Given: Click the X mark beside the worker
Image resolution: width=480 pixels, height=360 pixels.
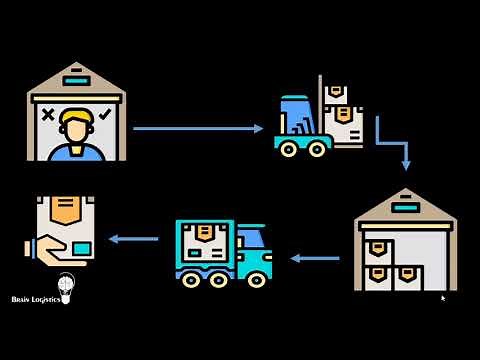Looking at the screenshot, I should click(x=46, y=115).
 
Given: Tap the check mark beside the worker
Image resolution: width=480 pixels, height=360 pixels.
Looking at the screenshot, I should click(x=106, y=115).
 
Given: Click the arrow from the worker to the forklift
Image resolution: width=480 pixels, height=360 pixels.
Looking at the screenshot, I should click(x=197, y=128).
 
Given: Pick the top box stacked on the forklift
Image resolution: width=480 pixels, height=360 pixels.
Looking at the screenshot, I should click(x=338, y=92).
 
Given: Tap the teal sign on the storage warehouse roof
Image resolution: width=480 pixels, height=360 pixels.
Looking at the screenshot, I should click(x=405, y=208).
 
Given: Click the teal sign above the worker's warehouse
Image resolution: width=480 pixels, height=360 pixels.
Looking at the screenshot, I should click(x=76, y=80).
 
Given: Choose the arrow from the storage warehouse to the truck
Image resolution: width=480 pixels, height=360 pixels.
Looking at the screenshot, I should click(x=315, y=258).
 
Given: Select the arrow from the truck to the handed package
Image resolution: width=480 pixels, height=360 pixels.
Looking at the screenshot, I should click(x=134, y=239).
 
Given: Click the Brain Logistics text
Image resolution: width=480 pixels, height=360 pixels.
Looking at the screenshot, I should click(x=35, y=299).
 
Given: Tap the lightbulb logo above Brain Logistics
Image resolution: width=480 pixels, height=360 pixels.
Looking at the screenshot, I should click(x=66, y=284).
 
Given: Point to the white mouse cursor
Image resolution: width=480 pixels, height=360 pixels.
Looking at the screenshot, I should click(x=443, y=297).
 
